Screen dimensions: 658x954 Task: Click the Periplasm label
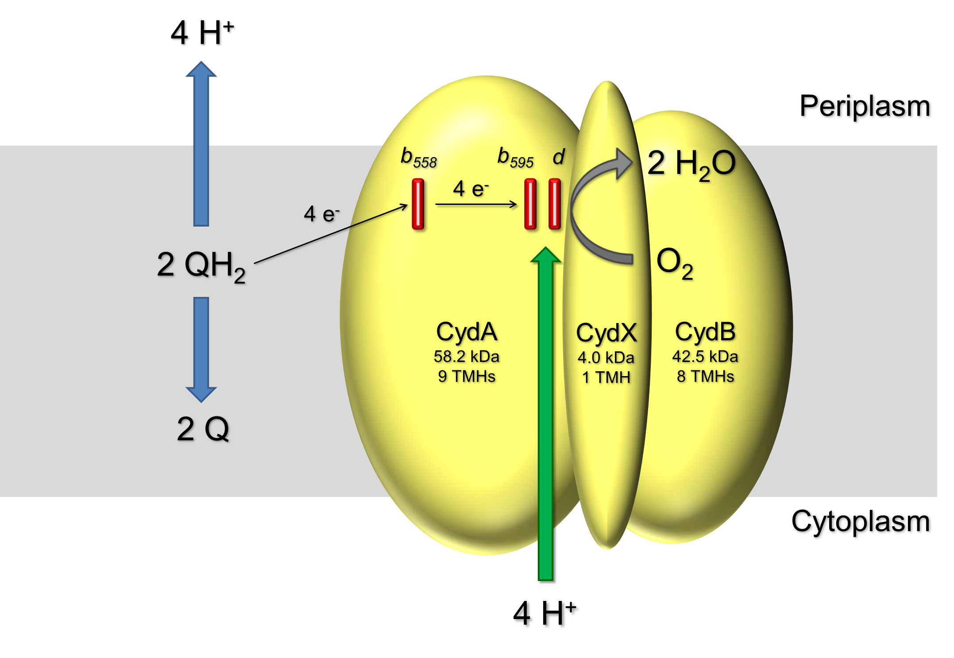coord(865,108)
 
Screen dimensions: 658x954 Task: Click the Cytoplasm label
coord(861,523)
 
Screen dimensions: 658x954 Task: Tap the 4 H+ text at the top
coord(203,33)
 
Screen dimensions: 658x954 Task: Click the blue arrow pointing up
coord(201,146)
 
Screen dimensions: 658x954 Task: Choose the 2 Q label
coord(203,429)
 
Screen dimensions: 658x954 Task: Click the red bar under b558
coord(418,204)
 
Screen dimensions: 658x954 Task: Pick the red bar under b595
coord(530,204)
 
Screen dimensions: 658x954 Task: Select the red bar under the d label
coord(554,204)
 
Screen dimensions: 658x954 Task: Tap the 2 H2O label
coord(691,164)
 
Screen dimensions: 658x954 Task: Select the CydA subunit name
coord(467,332)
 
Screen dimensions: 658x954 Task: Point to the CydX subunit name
coord(606,333)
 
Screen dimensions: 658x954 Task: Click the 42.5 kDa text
coord(705,357)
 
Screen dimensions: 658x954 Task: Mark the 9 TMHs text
coord(467,377)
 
